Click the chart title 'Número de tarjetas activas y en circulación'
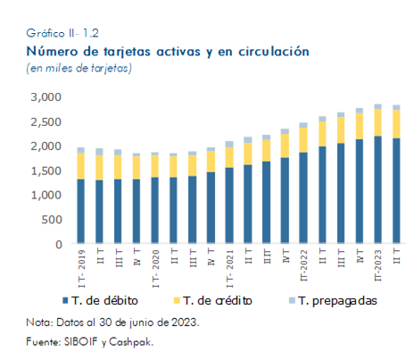click(x=168, y=52)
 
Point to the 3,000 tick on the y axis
click(x=46, y=97)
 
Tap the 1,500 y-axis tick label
click(x=46, y=171)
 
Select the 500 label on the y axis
click(x=52, y=220)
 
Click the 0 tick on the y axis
click(x=59, y=245)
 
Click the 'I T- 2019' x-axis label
click(x=81, y=269)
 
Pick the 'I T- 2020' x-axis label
click(x=155, y=269)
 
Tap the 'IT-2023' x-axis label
click(x=377, y=265)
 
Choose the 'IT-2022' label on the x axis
click(x=303, y=265)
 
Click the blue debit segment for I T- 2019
click(x=81, y=211)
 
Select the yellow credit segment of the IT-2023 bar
click(x=378, y=122)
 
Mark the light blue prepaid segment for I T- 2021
click(x=229, y=145)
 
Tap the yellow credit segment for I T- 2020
click(x=155, y=166)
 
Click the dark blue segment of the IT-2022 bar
click(x=303, y=197)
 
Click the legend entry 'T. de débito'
click(x=101, y=301)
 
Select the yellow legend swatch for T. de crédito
click(x=177, y=300)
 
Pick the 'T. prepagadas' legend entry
click(x=333, y=301)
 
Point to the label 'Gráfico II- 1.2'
click(x=62, y=33)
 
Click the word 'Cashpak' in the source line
click(x=131, y=342)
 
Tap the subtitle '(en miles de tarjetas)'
click(x=79, y=68)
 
